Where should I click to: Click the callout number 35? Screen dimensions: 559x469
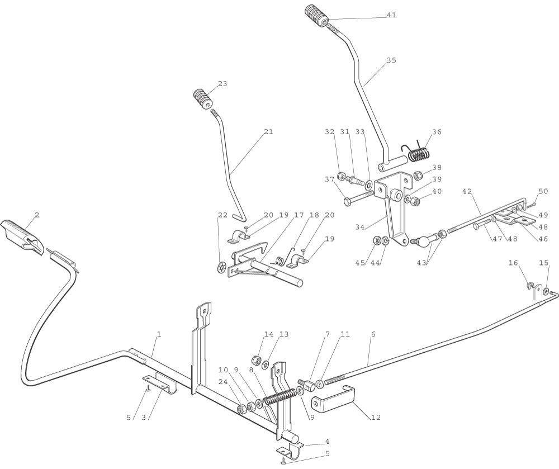pos(391,60)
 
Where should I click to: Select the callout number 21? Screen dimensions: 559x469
pos(268,131)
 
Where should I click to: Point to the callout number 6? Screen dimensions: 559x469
pos(373,334)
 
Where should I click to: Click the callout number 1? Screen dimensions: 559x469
pos(159,334)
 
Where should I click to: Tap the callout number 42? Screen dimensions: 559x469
pos(467,191)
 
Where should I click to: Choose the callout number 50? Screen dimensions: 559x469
pos(543,191)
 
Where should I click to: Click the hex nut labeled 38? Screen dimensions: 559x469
pos(418,175)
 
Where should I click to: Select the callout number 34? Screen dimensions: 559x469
pos(360,226)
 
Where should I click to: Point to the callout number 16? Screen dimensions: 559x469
pos(513,263)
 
